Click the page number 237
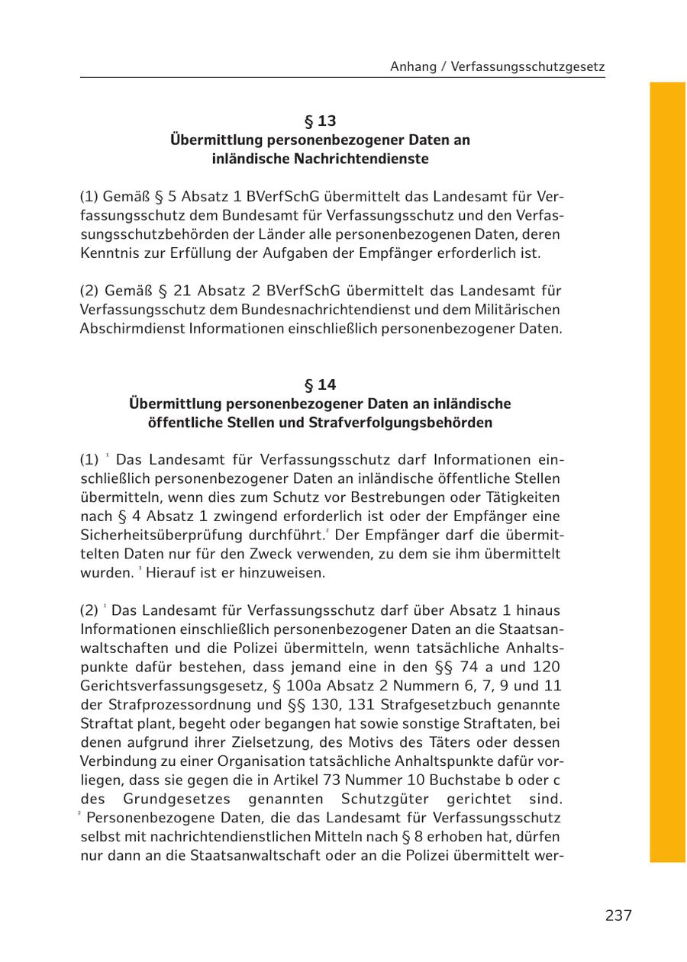tap(618, 915)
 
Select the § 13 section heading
tap(320, 121)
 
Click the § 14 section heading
tap(320, 384)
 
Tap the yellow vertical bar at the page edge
tap(668, 472)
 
